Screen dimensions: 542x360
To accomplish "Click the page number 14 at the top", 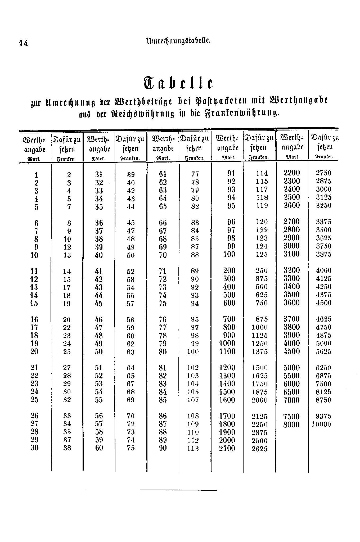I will (x=23, y=43).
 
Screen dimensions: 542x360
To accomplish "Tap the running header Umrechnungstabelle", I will (x=178, y=41).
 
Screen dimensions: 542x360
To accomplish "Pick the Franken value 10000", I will (x=321, y=424).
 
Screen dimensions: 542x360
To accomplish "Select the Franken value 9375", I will (x=323, y=416).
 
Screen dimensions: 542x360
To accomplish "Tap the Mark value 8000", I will (x=291, y=424).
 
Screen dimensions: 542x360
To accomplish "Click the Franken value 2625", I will (x=260, y=449).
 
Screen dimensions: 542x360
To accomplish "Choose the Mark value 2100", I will (x=227, y=448).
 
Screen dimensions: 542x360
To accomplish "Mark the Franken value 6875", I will (x=323, y=376).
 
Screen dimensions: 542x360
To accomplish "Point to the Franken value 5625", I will (x=323, y=351).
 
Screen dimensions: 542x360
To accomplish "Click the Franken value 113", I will (x=193, y=448).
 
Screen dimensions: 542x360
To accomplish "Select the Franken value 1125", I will (x=260, y=335).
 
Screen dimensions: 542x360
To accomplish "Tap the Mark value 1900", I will (x=227, y=432).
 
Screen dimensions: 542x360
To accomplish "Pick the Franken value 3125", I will (x=323, y=197).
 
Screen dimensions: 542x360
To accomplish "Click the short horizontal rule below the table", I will (x=178, y=490).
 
